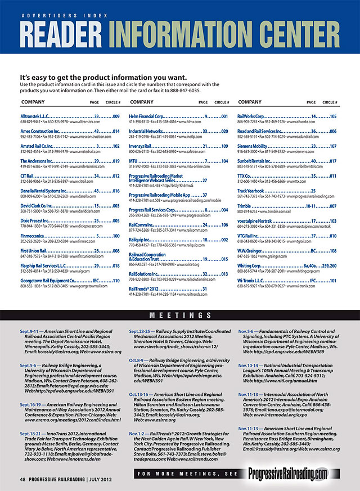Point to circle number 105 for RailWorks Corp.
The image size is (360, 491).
[x=333, y=116]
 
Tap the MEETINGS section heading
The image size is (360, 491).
[x=180, y=316]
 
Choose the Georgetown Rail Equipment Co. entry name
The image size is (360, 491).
[x=47, y=280]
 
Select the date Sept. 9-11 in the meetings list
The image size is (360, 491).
[x=29, y=332]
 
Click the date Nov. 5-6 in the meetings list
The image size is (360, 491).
[x=247, y=332]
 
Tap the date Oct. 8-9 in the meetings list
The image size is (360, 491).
[x=138, y=361]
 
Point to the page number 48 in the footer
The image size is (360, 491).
[x=23, y=479]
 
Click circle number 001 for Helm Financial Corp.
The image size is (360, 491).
[x=224, y=116]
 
